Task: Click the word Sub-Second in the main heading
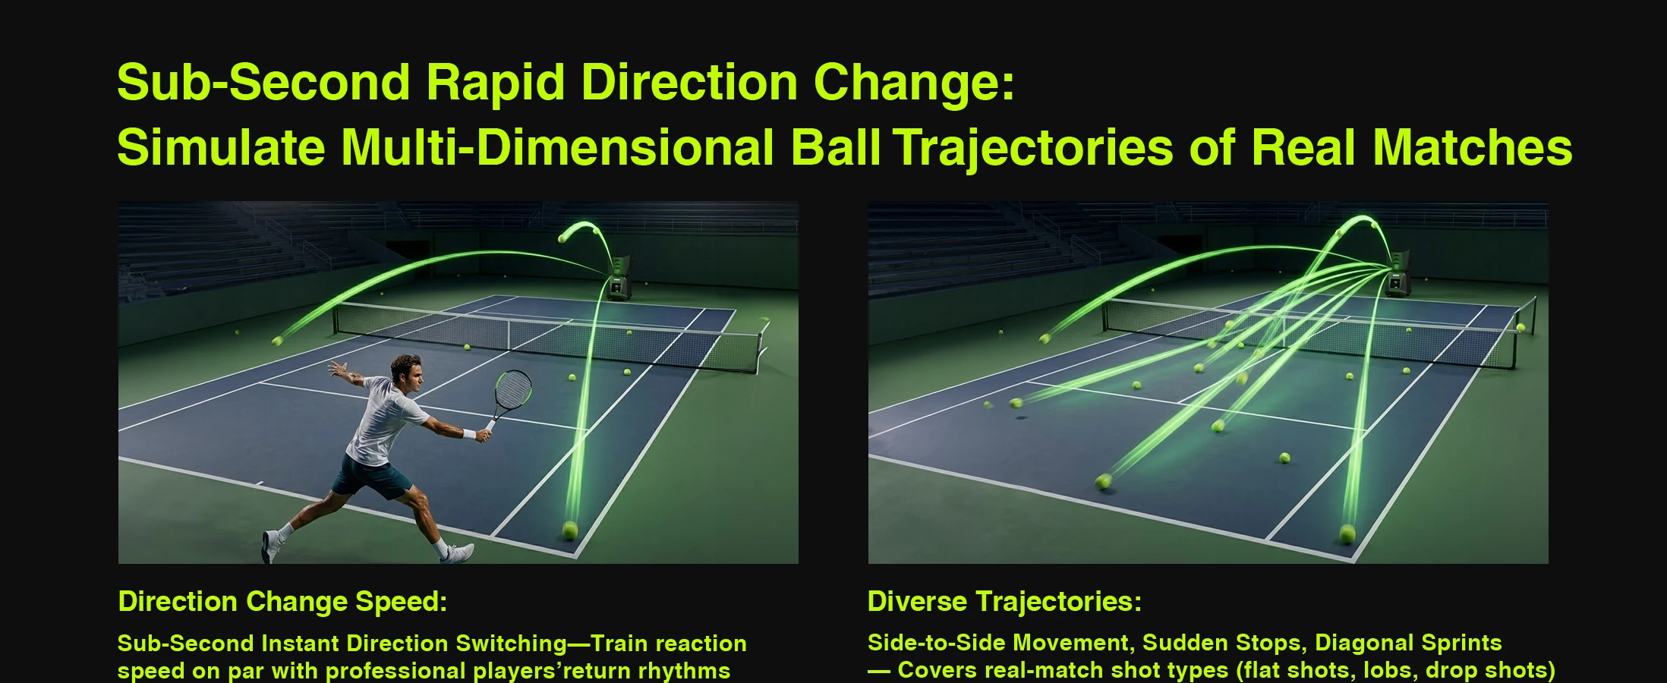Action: click(263, 82)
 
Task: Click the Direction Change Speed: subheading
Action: click(282, 602)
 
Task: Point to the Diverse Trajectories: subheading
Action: click(1004, 602)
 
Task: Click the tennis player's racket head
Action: click(512, 389)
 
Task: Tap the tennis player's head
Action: click(406, 373)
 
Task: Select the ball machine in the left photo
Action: click(619, 278)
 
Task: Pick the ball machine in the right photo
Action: click(1397, 273)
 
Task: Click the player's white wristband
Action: click(470, 435)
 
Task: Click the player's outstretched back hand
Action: click(337, 370)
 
